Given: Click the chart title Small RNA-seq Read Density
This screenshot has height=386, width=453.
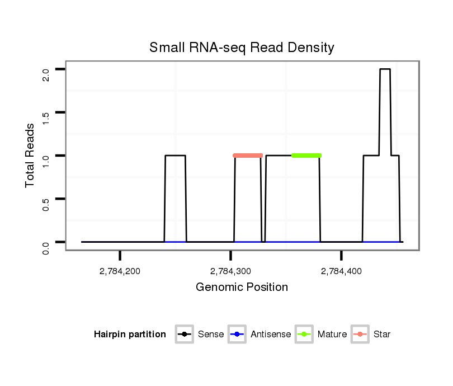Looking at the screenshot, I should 242,48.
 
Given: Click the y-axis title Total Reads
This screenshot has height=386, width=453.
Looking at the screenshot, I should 31,156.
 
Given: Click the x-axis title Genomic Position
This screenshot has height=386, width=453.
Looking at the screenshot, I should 242,288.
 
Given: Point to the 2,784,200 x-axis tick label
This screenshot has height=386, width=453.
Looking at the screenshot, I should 120,271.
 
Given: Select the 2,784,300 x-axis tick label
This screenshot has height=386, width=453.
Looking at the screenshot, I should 230,271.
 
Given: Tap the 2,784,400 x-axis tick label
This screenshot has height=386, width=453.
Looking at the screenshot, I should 341,271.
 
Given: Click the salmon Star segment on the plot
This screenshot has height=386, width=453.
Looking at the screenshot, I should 248,156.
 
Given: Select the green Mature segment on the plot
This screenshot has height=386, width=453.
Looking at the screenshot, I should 306,156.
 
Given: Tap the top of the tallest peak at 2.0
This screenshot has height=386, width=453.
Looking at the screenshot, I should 385,69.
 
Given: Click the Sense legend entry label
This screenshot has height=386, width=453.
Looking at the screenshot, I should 211,335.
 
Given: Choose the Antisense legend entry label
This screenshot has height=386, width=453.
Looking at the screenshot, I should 271,335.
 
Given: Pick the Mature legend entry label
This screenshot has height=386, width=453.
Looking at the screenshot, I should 332,335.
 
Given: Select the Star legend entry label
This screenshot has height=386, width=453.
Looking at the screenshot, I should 383,335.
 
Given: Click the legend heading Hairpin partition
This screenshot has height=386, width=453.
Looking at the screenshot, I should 130,335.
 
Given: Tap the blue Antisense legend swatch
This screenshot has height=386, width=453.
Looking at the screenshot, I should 238,335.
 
